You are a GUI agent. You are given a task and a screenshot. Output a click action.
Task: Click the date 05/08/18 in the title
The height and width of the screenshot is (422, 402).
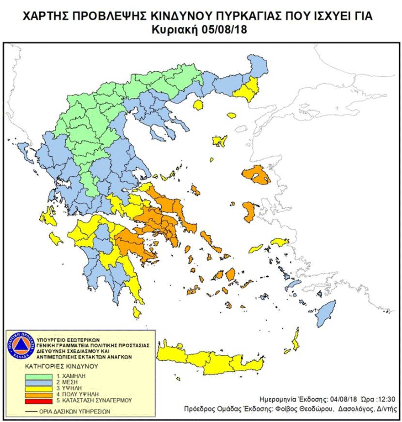[x=220, y=30]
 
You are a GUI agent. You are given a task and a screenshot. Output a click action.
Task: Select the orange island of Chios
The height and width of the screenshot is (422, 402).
[x=249, y=213]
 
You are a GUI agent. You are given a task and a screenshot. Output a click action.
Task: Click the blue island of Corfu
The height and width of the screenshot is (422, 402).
[x=21, y=149]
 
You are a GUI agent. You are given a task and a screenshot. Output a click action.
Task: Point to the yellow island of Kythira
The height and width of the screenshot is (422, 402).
[x=137, y=312]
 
